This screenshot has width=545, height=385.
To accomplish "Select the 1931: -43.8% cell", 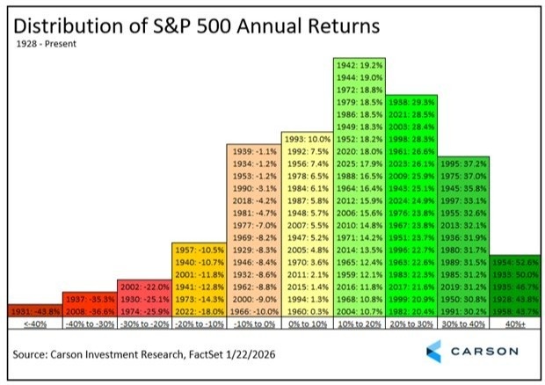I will tap(34, 310).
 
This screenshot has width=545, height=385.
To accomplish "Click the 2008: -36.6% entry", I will tap(89, 310).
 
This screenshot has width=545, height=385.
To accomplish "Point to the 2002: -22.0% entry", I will tap(143, 287).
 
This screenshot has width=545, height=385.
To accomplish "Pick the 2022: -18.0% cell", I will tap(198, 310).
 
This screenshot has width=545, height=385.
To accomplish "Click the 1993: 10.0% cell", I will tap(307, 139).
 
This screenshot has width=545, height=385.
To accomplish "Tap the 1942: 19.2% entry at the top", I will tap(361, 65).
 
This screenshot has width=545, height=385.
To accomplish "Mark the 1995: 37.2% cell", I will tap(470, 163).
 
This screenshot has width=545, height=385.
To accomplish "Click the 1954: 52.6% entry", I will tap(517, 262).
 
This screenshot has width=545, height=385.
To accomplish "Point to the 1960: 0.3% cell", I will tap(307, 310).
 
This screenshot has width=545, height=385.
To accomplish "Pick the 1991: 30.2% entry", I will tap(470, 310).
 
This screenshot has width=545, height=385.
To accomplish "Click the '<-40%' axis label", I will tap(34, 323).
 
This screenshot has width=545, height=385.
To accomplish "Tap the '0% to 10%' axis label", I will tap(307, 323).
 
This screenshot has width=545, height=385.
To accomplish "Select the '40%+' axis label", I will tap(517, 323).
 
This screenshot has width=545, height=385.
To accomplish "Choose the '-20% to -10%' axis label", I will tap(198, 323).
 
